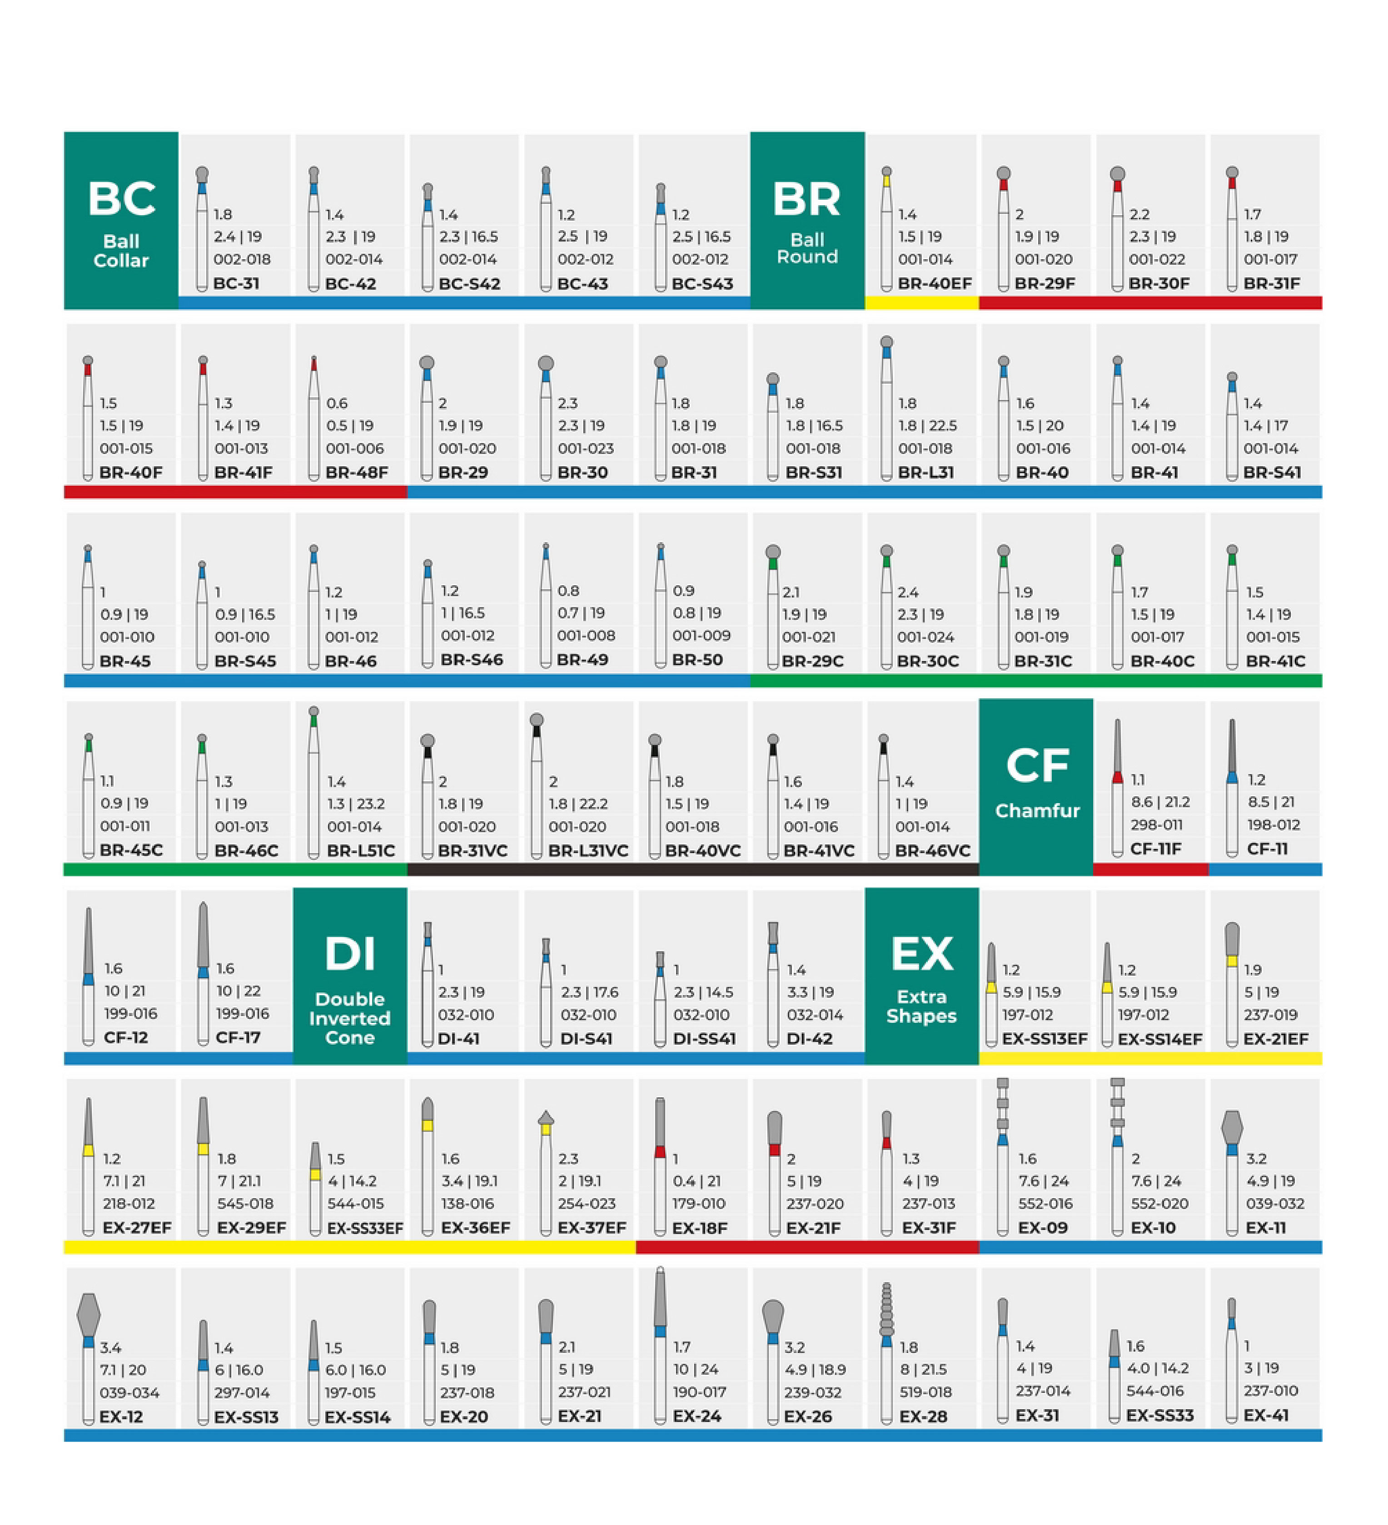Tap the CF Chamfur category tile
pos(1036,787)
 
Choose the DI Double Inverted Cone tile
pos(350,976)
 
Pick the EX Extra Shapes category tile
pos(921,976)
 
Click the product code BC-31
pos(236,284)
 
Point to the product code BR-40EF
pos(935,284)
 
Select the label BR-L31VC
pos(588,850)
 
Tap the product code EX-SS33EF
pos(365,1228)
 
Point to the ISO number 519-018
pos(925,1392)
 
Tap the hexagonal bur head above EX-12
pos(89,1314)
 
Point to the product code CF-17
pos(238,1037)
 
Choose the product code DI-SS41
pos(704,1039)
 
